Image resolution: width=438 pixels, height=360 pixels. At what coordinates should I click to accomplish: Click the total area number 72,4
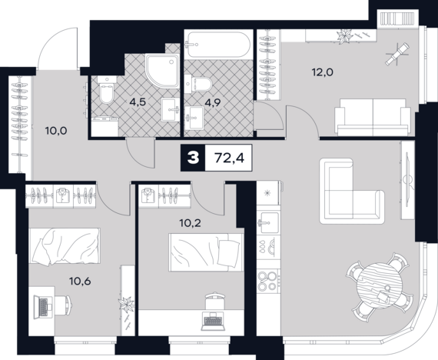point(229,158)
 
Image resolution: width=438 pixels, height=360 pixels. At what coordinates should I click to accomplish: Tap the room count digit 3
point(193,158)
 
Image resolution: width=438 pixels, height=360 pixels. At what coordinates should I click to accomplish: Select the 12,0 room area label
point(323,72)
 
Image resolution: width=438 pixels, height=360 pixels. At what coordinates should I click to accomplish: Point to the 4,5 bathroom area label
point(138,102)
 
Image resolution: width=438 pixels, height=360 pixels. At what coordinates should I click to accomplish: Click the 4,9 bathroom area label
point(213,102)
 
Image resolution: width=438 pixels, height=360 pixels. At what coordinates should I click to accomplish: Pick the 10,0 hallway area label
point(56,130)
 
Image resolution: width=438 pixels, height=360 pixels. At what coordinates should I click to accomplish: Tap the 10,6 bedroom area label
point(80,281)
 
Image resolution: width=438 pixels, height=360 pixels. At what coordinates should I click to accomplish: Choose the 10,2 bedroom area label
point(191,223)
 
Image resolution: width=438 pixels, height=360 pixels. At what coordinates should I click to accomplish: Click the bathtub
point(218,44)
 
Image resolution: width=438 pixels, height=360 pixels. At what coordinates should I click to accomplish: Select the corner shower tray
point(162,71)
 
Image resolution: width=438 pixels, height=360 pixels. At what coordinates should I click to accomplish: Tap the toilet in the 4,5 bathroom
point(107,89)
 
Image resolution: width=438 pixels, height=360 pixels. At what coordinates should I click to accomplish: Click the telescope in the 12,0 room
point(397,54)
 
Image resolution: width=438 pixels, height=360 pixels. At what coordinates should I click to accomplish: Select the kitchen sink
point(268,222)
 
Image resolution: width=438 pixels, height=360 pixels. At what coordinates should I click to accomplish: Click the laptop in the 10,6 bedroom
point(43,307)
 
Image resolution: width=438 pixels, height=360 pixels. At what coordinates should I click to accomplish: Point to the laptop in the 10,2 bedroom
point(213,321)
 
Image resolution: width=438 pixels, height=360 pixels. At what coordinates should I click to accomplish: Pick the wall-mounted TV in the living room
point(407,180)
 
